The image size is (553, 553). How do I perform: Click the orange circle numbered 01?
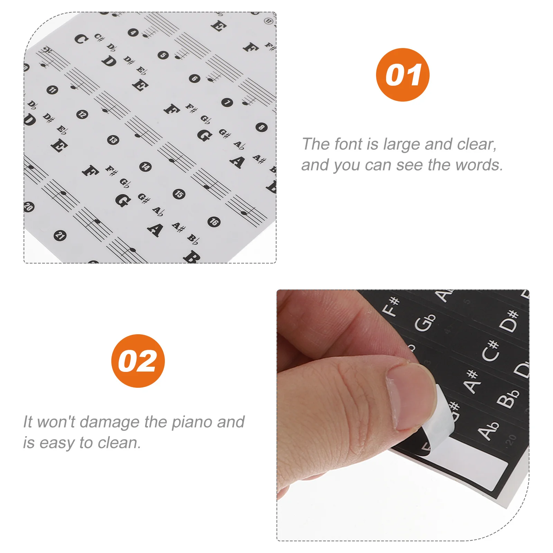pyautogui.click(x=403, y=75)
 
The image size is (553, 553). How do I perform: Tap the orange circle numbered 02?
pyautogui.click(x=138, y=361)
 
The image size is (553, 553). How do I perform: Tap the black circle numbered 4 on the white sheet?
pyautogui.click(x=133, y=33)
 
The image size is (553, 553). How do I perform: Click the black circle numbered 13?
pyautogui.click(x=113, y=140)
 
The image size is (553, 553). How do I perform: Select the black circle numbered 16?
pyautogui.click(x=214, y=222)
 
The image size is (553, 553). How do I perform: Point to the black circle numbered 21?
pyautogui.click(x=60, y=236)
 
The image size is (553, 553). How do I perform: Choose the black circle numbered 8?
pyautogui.click(x=261, y=127)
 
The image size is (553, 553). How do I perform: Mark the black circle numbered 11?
pyautogui.click(x=52, y=90)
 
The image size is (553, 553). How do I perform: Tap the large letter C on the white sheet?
pyautogui.click(x=81, y=39)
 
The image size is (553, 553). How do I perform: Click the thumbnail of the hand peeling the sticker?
pyautogui.click(x=403, y=415)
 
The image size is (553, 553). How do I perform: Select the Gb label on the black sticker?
pyautogui.click(x=425, y=322)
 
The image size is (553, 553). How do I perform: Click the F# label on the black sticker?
pyautogui.click(x=392, y=306)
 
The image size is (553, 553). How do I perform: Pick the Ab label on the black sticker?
pyautogui.click(x=488, y=431)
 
